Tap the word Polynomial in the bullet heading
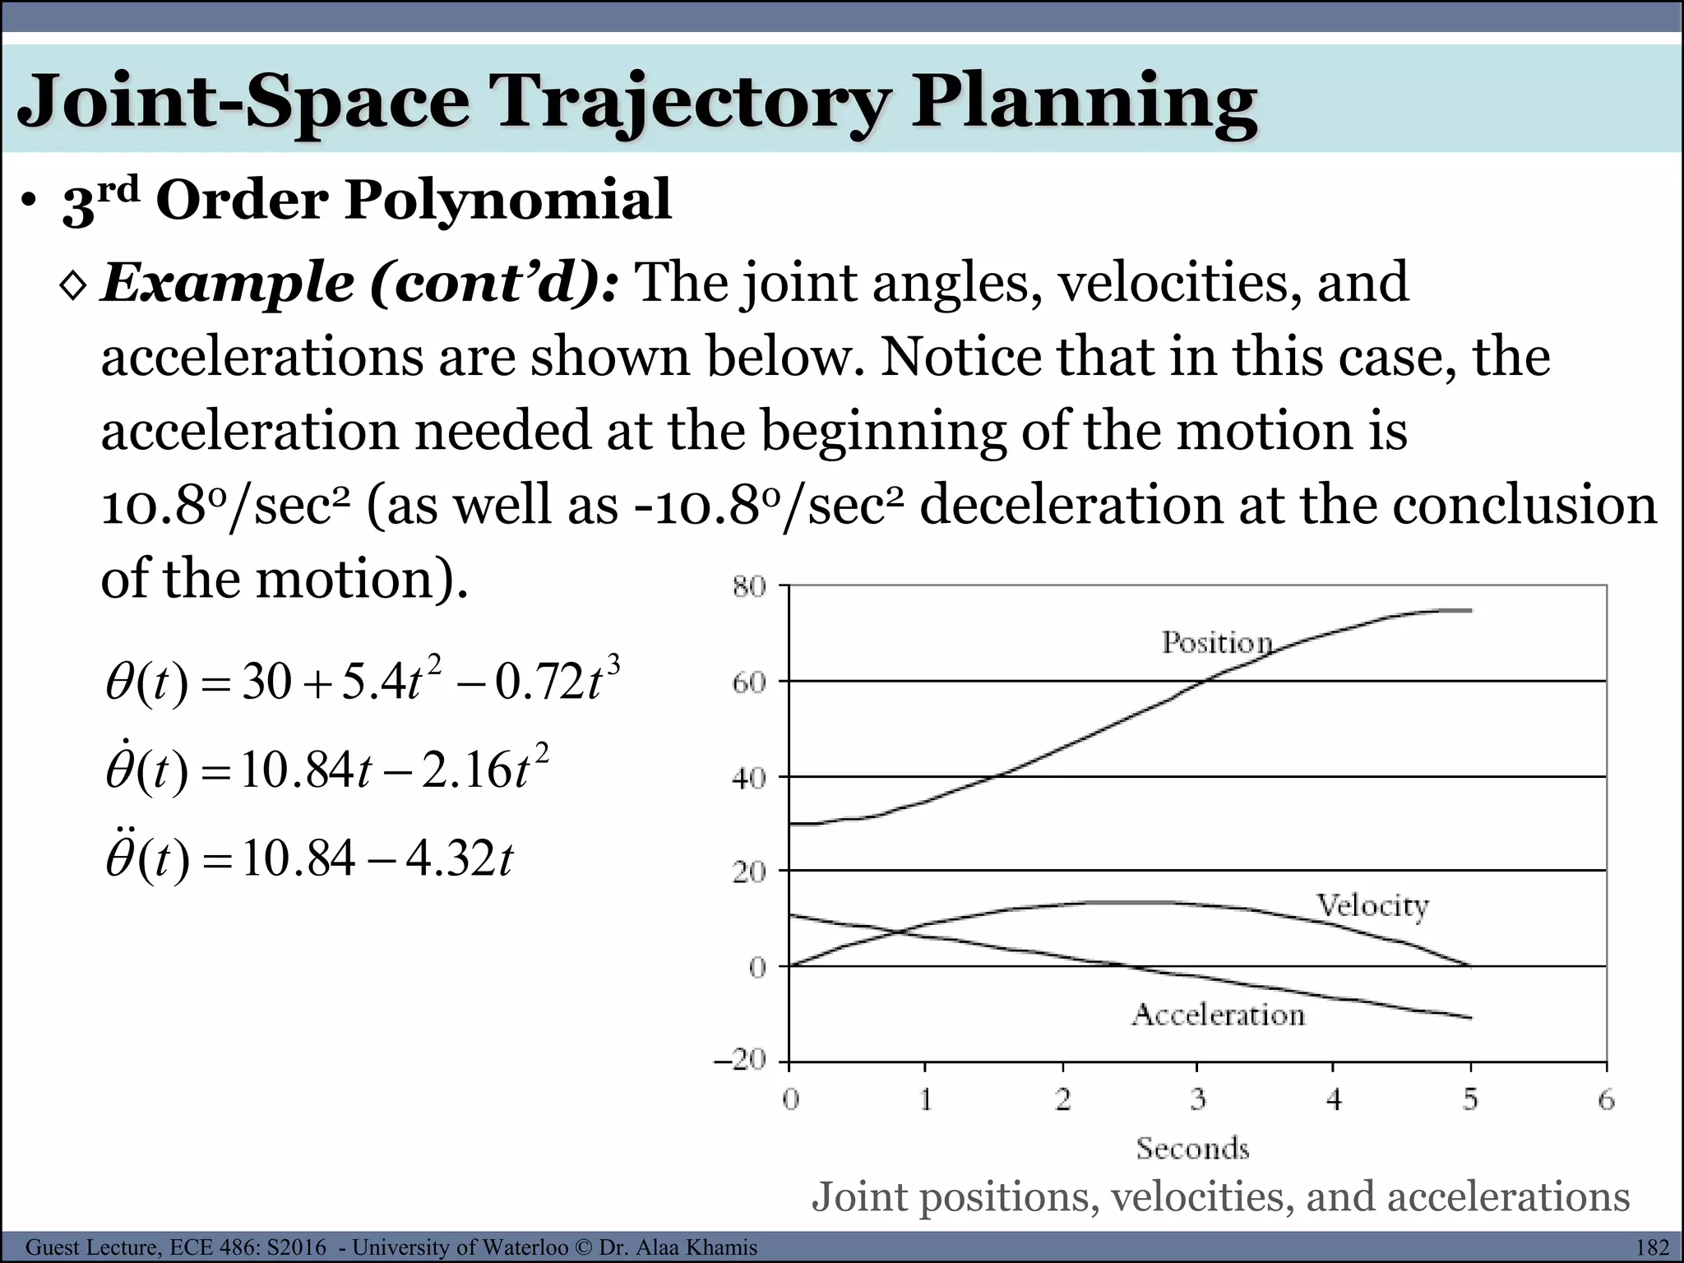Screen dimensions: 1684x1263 point(507,200)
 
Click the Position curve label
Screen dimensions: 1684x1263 point(1217,642)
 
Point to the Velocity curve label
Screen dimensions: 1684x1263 point(1372,905)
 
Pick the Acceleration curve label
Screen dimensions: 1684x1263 point(1218,1015)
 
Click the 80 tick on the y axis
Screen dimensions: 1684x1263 point(748,587)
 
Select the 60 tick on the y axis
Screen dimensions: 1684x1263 point(748,682)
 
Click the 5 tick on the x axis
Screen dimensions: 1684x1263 point(1470,1099)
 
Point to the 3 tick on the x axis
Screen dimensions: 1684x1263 point(1198,1099)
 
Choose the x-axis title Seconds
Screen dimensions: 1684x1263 point(1192,1148)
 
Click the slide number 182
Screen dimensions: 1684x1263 point(1652,1247)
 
